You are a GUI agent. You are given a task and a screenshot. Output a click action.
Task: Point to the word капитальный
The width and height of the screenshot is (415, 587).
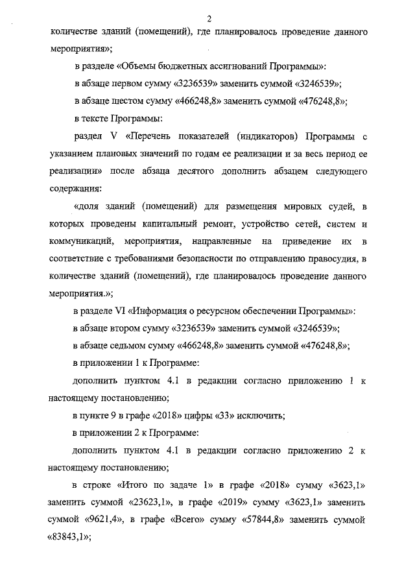(x=168, y=225)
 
